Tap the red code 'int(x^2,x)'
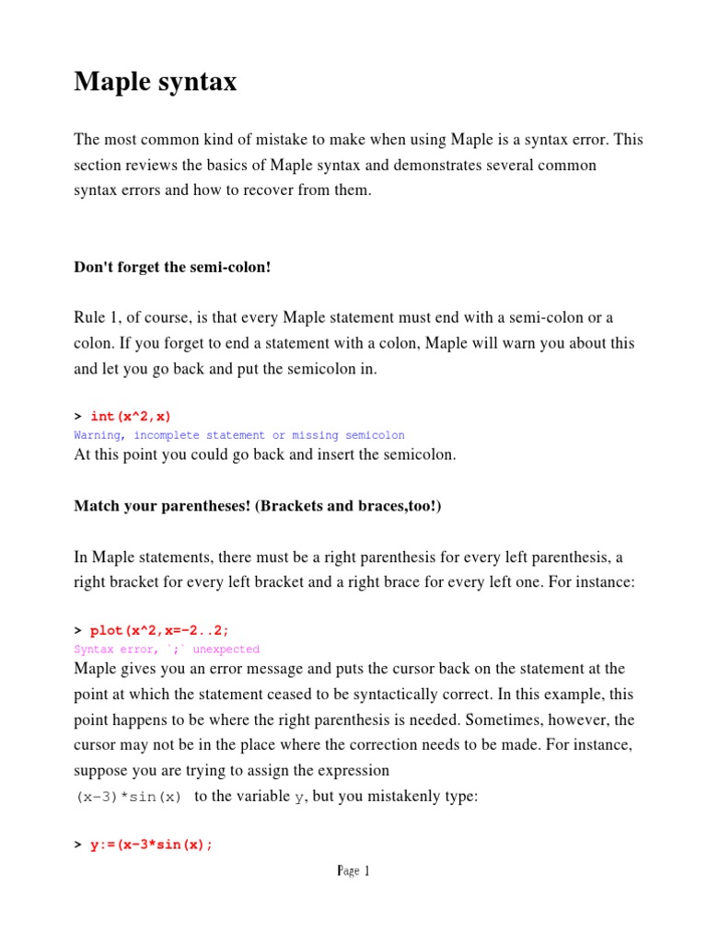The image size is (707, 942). [131, 417]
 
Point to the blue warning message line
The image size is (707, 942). [238, 435]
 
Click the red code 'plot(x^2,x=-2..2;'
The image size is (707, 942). [159, 630]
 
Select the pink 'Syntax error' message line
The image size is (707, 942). [167, 649]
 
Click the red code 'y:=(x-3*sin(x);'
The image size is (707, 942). [152, 844]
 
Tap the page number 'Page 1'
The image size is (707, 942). [353, 871]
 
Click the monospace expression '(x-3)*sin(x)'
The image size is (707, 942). [129, 798]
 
